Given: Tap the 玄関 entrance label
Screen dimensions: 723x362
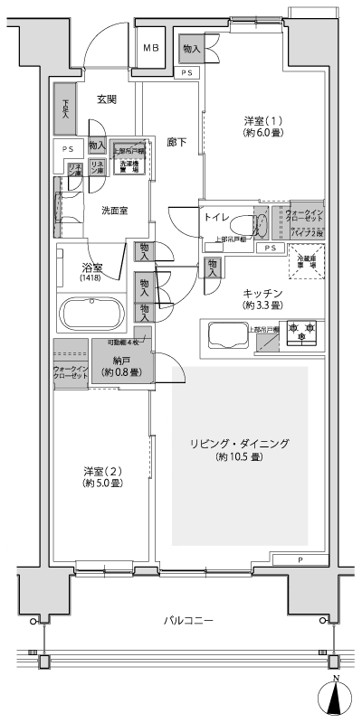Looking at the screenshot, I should coord(107,99).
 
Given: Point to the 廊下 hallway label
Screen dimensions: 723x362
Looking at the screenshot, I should coord(177,142).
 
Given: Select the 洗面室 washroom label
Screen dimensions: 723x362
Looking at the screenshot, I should coord(114,210).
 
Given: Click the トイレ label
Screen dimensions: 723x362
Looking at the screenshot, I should coord(215,219).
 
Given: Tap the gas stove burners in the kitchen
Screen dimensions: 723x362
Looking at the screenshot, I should coord(302,332).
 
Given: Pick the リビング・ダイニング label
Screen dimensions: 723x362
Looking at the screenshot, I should coord(239,443).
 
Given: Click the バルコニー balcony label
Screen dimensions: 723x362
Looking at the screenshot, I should coord(188,621).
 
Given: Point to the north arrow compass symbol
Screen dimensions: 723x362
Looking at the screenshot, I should coord(336,696).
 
